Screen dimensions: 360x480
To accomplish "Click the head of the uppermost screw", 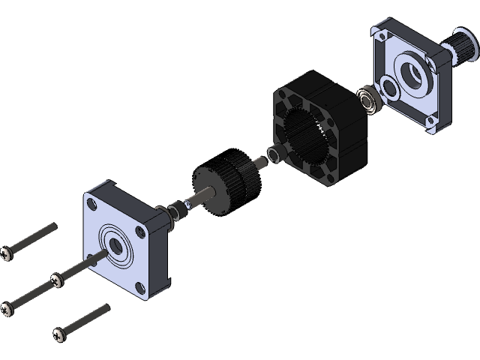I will [x=7, y=253].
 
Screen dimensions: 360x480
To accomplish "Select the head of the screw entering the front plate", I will [x=55, y=280].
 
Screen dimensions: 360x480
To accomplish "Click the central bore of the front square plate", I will [x=118, y=244].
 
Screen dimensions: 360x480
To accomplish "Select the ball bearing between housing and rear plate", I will [x=368, y=100].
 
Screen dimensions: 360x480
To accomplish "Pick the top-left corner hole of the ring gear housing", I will [x=282, y=95].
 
